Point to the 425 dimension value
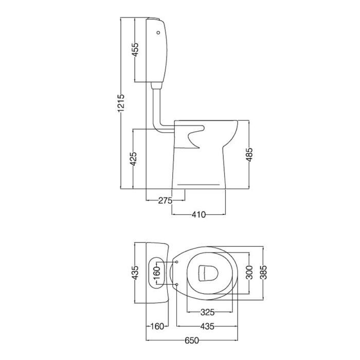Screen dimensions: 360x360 coord(133,159)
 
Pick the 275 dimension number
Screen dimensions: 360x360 coord(165,201)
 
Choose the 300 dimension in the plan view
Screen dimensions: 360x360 coord(249,273)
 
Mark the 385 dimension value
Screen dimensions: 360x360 coord(263,273)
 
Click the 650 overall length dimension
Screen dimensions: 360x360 coord(192,340)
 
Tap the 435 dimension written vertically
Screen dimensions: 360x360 coord(134,273)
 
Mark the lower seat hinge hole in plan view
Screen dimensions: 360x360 coord(177,284)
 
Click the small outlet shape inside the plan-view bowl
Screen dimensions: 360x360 coord(207,272)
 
